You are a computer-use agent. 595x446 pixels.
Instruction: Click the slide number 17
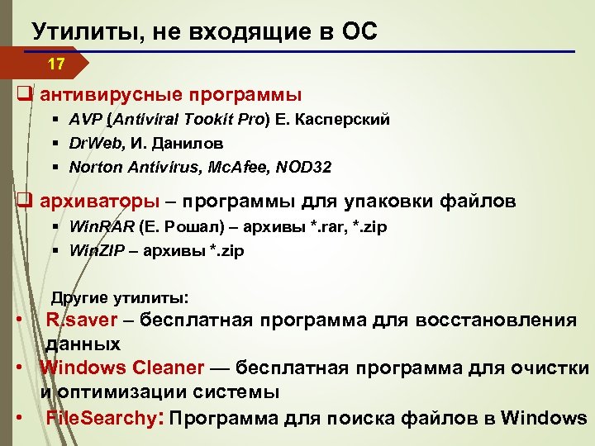(x=55, y=64)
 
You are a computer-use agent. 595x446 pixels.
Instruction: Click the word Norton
(x=94, y=168)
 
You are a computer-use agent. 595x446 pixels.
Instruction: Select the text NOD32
(x=304, y=168)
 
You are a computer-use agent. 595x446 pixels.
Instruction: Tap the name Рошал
(x=191, y=226)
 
